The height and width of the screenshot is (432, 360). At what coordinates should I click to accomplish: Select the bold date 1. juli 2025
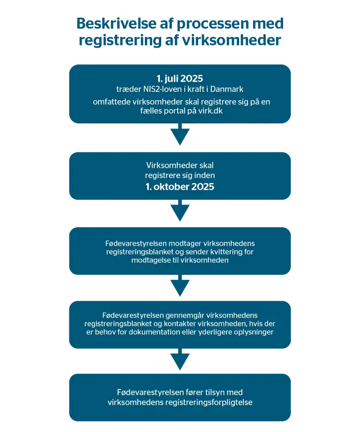[180, 79]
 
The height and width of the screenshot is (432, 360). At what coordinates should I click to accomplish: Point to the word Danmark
[227, 89]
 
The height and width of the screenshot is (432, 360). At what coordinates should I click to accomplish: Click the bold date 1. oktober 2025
[180, 187]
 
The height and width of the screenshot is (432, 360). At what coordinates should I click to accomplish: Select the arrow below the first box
[180, 134]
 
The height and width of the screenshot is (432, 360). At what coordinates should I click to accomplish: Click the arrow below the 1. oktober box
[180, 210]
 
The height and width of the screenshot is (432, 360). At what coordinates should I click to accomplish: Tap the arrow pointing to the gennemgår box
[180, 285]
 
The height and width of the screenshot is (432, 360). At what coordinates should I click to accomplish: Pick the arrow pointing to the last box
[180, 359]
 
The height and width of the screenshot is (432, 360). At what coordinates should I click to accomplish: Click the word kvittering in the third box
[224, 252]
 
